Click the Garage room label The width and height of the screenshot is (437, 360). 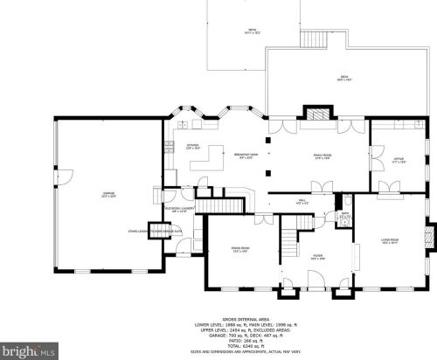[108, 195]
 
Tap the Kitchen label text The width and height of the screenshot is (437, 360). [192, 147]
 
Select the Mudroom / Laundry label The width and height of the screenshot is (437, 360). [179, 210]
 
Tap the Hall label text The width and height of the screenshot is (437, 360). [302, 202]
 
